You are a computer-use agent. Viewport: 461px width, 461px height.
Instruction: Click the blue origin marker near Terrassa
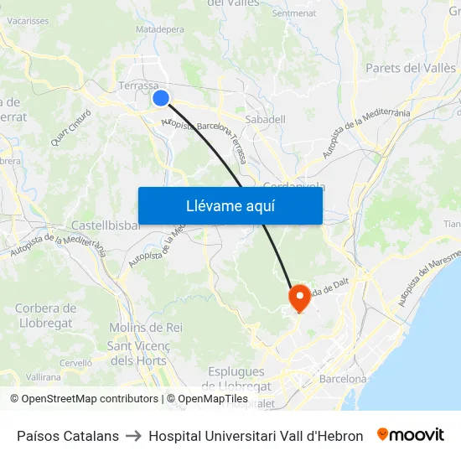point(161,98)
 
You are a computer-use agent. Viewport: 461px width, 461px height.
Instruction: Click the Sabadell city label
point(266,120)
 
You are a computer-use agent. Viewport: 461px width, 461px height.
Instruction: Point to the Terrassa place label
point(138,85)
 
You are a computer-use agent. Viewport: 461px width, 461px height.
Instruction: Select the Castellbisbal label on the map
point(105,225)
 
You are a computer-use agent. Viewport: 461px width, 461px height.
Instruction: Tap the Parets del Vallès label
point(411,68)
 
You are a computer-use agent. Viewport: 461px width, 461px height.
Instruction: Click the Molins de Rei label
point(146,327)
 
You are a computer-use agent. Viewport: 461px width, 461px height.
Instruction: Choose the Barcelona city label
point(343,379)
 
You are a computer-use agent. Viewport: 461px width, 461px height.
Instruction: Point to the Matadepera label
point(159,28)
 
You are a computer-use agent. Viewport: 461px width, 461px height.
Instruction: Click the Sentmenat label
point(293,13)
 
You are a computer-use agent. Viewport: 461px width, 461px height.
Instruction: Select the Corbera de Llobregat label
point(45,315)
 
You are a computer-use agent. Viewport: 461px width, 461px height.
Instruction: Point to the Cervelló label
point(75,362)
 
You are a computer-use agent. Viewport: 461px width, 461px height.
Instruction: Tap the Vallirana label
point(44,377)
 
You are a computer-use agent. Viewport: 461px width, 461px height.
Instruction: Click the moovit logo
point(410,435)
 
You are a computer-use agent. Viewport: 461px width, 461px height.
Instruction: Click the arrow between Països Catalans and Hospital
point(133,436)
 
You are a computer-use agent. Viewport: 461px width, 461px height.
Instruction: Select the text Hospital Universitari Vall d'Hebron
point(256,436)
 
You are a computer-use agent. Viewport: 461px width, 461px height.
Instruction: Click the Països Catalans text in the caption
point(68,436)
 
